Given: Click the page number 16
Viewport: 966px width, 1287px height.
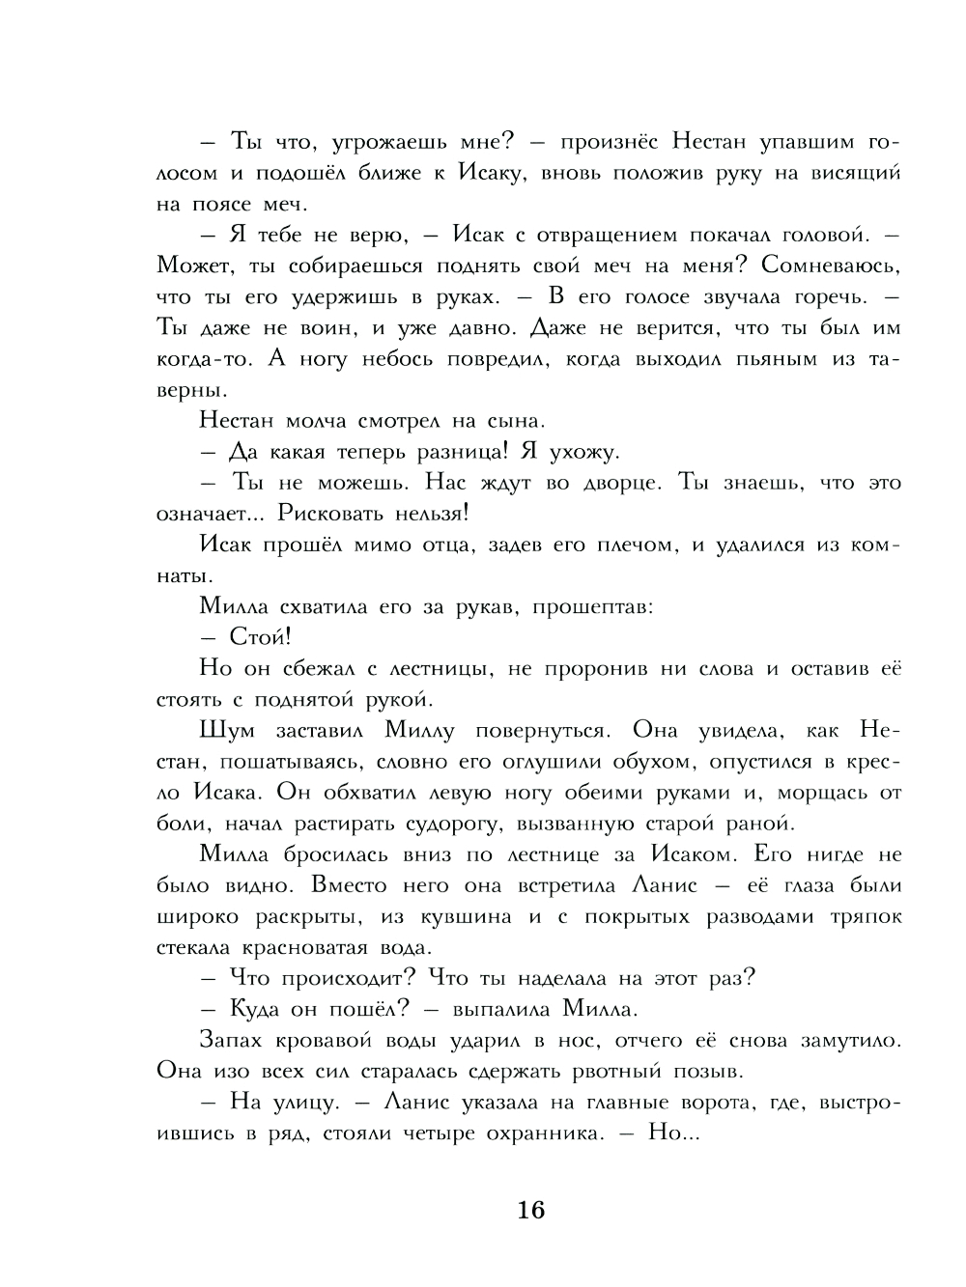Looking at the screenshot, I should pos(531,1209).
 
